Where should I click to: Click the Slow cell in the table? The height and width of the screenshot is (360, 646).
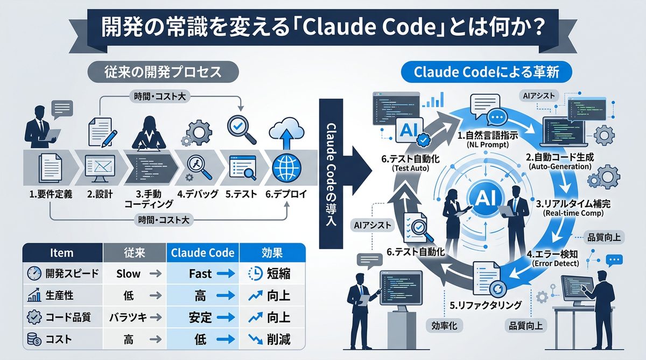coord(128,274)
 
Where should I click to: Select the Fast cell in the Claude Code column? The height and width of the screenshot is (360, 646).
coord(200,274)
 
